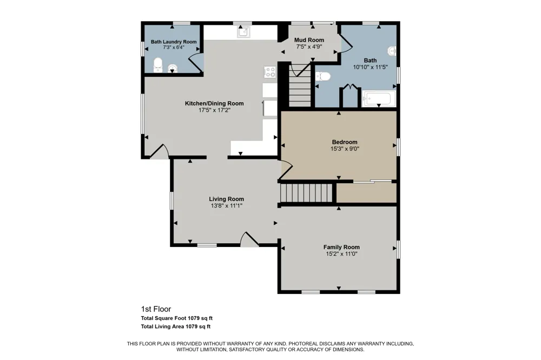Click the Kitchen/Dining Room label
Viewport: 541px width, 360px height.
[x=214, y=103]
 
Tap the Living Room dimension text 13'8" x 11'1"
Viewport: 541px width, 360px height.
[x=227, y=206]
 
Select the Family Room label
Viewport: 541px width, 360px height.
[x=341, y=247]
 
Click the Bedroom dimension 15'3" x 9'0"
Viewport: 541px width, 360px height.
[x=345, y=149]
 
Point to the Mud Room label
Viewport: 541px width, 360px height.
[x=309, y=40]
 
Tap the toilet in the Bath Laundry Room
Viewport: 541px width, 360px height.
[x=157, y=65]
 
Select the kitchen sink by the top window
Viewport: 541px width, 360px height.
[x=243, y=32]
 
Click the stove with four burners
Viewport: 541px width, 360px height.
[x=270, y=72]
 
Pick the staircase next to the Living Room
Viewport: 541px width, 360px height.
[x=306, y=193]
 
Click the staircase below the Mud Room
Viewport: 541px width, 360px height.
[x=300, y=86]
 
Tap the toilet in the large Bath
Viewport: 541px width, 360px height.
[x=322, y=76]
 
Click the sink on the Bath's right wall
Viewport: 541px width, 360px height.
[x=392, y=51]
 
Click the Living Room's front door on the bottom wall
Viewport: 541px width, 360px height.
[x=249, y=239]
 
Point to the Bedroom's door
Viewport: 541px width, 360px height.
[x=286, y=170]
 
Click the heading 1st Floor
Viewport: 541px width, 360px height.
[x=156, y=309]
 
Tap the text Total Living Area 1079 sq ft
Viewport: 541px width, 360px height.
[x=176, y=326]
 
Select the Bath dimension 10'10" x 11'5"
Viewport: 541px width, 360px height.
[x=370, y=67]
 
